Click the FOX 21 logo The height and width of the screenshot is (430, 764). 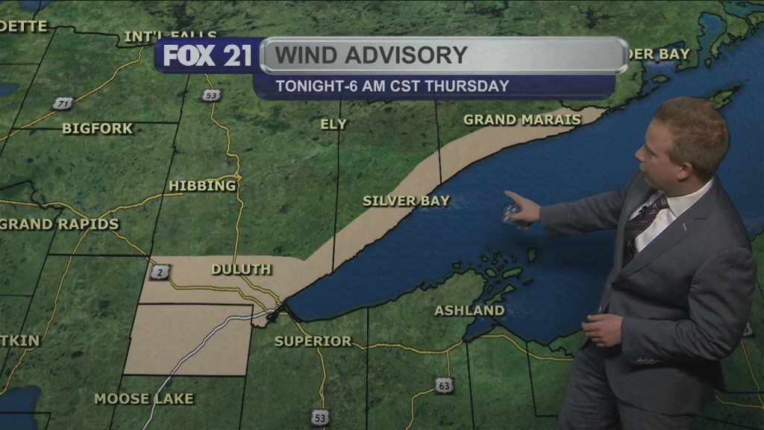coord(207,56)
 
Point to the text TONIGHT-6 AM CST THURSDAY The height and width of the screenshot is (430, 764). coord(392,86)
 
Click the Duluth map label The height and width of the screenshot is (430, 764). coord(241,269)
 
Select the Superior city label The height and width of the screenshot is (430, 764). coord(313,341)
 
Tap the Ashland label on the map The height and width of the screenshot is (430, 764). coord(469,310)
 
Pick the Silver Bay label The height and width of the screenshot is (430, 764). coord(406,201)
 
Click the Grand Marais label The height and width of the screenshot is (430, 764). coord(522,119)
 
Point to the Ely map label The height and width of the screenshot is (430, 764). coord(334,124)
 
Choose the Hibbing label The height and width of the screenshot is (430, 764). coord(202,185)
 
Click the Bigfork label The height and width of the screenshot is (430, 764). coord(97,128)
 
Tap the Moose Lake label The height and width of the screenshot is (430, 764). coord(144,399)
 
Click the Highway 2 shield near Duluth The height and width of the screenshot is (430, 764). coord(160,272)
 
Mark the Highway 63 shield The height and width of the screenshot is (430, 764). coord(444,385)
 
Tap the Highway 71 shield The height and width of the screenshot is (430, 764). coord(63,103)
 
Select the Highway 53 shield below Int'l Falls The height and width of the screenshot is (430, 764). coord(212,95)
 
